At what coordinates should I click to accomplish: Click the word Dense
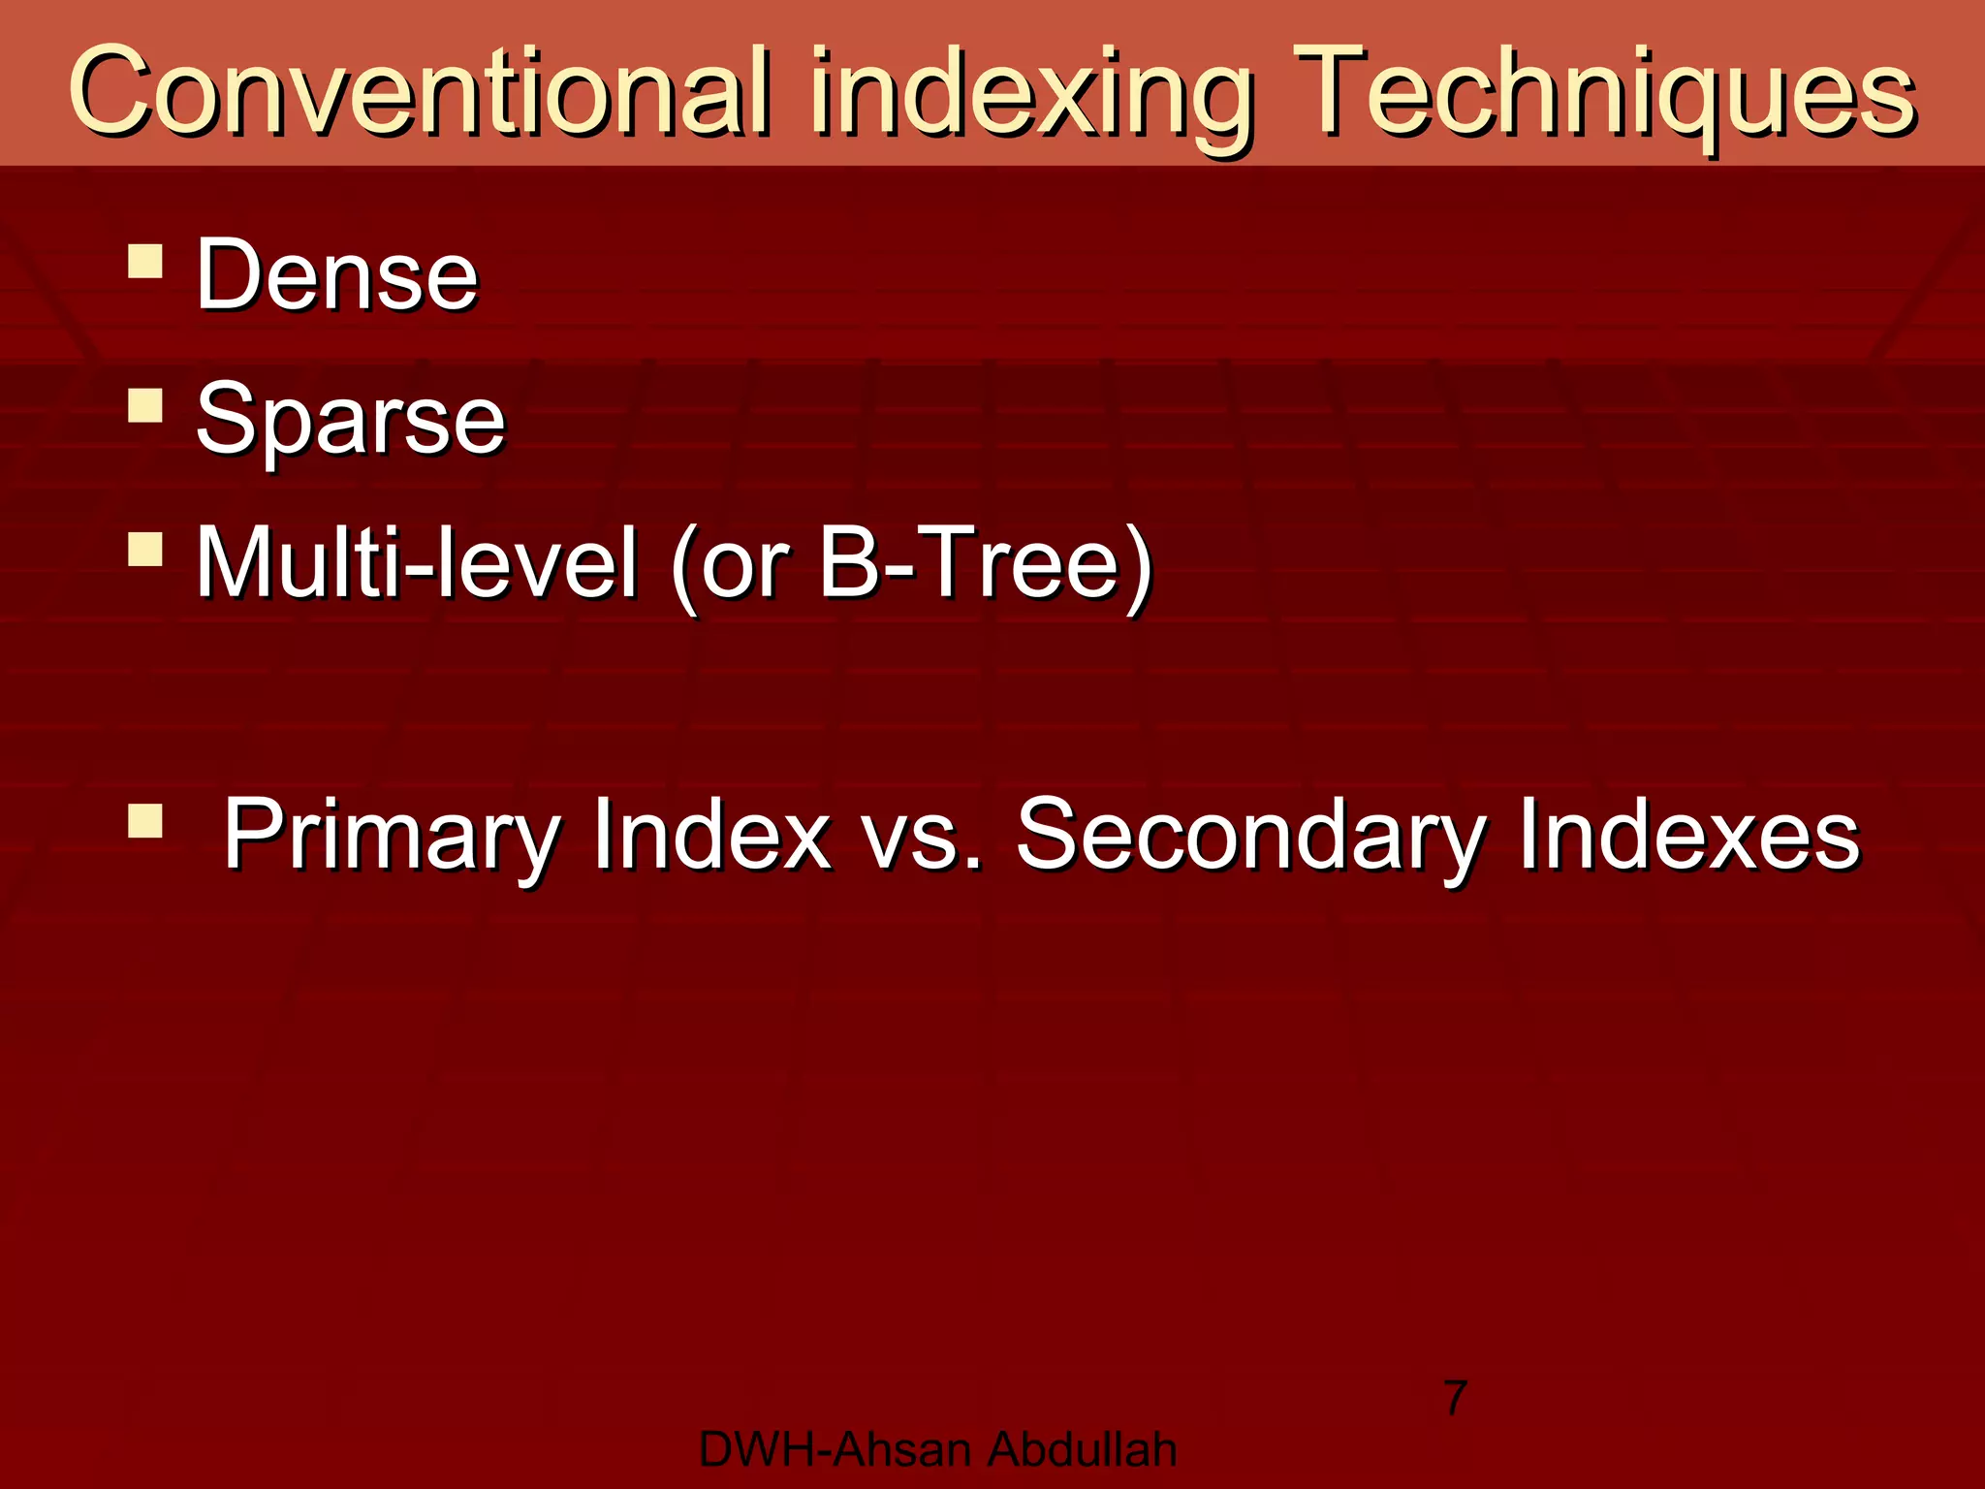(337, 275)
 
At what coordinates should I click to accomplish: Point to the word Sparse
(350, 419)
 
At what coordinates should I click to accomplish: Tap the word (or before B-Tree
(732, 566)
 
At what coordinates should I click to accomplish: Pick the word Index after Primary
(712, 834)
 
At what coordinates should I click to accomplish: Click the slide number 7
(1456, 1398)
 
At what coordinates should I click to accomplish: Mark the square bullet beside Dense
(145, 262)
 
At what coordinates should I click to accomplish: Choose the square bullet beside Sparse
(145, 405)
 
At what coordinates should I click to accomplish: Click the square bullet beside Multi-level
(145, 549)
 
